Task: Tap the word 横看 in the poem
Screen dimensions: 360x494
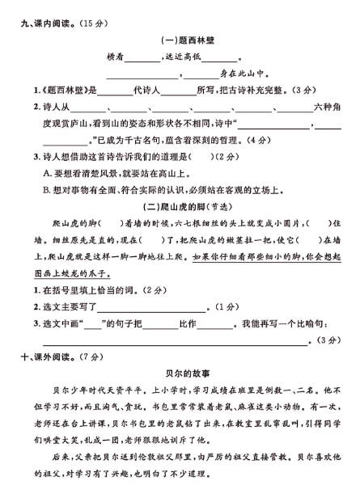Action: pyautogui.click(x=116, y=57)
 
